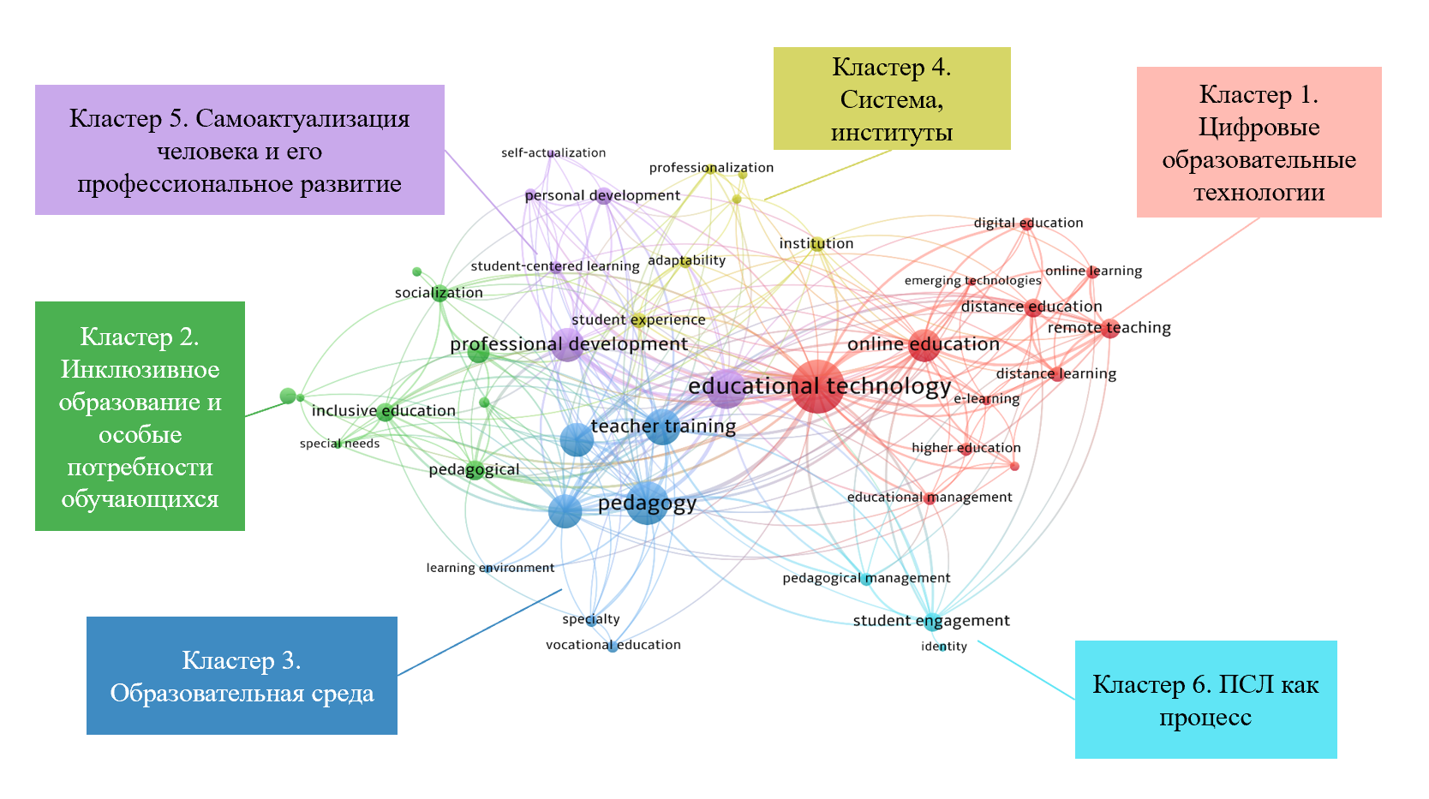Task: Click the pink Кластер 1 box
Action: [1259, 142]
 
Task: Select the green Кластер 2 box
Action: [140, 416]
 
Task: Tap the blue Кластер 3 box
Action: [242, 676]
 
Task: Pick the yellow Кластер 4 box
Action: [891, 98]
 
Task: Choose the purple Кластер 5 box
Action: [239, 150]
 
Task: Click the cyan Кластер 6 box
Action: [1205, 700]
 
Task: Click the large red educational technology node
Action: [816, 387]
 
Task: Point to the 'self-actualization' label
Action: [553, 152]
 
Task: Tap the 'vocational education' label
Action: [613, 645]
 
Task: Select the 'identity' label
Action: [944, 647]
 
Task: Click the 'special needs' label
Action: [339, 444]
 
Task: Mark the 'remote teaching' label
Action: [1109, 328]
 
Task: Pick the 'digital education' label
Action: [1028, 223]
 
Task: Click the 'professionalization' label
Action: [711, 168]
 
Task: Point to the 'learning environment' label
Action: [490, 568]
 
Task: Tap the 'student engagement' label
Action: [931, 621]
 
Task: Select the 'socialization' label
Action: [439, 293]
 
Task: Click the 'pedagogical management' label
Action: [866, 578]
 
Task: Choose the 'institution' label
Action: [816, 243]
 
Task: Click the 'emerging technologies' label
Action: [972, 281]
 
